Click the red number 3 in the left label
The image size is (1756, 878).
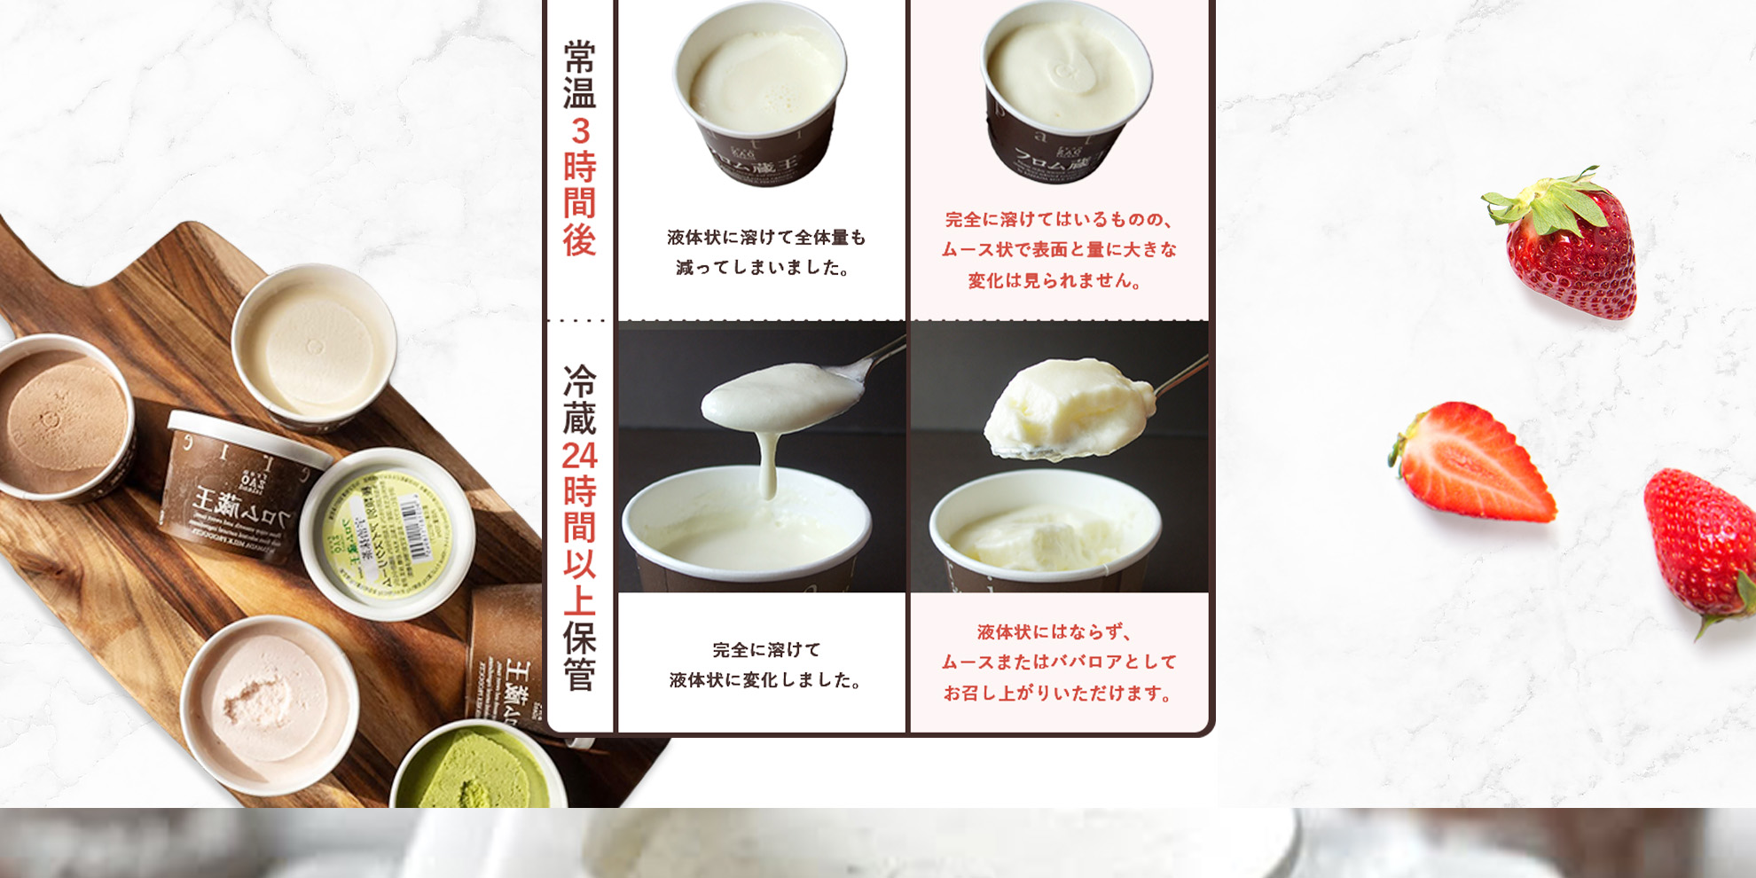[x=580, y=131]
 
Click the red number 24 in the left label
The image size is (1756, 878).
[x=579, y=456]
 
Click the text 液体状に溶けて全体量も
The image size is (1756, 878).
[x=766, y=238]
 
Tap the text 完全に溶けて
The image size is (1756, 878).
[x=766, y=649]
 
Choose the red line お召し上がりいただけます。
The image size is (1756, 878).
[x=1059, y=694]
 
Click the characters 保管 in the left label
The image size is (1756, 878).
[x=579, y=657]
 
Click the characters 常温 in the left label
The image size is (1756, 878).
[x=579, y=74]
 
